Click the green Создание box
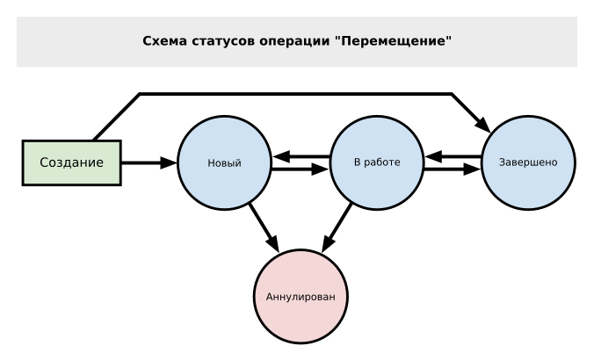(x=70, y=162)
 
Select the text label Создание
(x=70, y=162)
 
